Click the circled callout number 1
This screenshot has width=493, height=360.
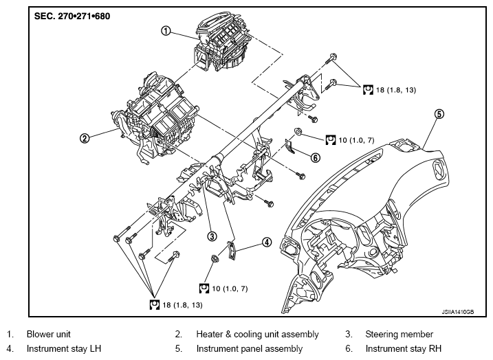point(166,30)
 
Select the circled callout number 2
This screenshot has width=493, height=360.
point(85,138)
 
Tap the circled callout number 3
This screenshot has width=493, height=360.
point(212,236)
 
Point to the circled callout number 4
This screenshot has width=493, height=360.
point(267,243)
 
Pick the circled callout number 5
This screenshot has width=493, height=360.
point(439,114)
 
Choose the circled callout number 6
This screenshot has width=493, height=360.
point(316,157)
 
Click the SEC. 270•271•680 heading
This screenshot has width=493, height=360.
point(72,16)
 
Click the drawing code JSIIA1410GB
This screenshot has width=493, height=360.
point(457,312)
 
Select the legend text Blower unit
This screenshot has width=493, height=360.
point(48,334)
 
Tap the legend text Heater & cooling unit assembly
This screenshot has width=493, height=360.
point(257,335)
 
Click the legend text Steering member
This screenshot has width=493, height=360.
point(399,335)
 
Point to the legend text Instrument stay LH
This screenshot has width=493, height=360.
point(63,349)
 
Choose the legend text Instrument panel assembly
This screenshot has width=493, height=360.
point(250,349)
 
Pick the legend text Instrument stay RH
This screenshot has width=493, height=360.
point(404,349)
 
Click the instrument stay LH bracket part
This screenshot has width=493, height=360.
point(232,250)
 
